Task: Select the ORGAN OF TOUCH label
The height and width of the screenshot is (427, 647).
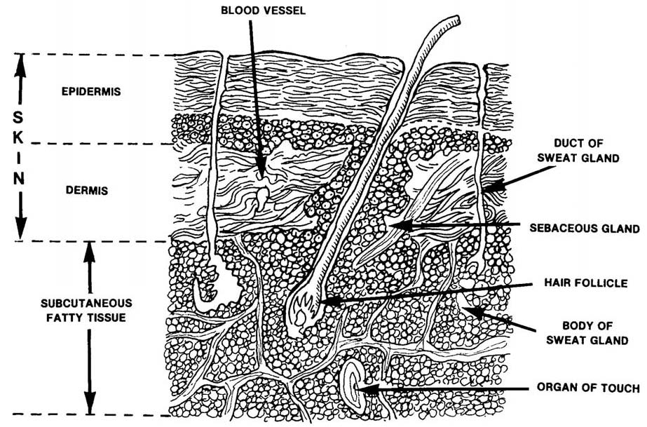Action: point(587,388)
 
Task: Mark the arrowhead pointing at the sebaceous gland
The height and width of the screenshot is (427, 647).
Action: point(394,226)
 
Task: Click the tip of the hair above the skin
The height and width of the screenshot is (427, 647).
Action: point(456,22)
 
